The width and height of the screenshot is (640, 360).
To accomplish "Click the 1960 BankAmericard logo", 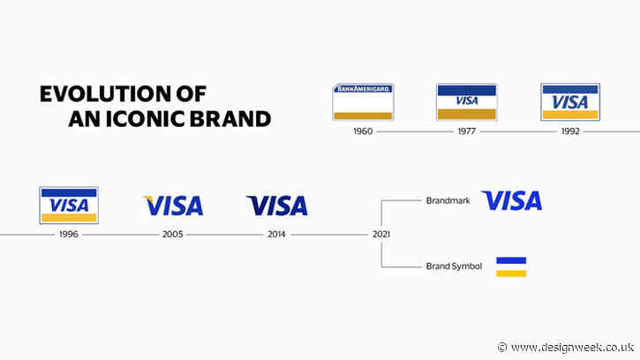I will point(362,102).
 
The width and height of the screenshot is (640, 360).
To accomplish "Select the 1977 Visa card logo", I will point(466,102).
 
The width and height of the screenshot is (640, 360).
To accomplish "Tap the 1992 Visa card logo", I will point(569,102).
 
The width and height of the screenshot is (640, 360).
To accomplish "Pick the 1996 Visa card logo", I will point(69,205).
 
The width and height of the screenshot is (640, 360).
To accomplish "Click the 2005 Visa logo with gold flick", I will point(173,206).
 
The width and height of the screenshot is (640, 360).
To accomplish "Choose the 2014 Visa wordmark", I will point(277,206).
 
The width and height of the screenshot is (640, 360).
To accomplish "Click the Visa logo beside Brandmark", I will point(511,200).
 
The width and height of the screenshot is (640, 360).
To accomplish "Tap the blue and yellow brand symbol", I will point(511,266).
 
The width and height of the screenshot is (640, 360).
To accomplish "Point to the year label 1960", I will point(362,131).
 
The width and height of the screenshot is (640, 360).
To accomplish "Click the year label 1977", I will point(466,131).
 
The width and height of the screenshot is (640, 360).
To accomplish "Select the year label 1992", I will point(570,131).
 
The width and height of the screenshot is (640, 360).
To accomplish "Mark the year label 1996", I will point(69,235).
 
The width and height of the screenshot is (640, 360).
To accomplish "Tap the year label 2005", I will point(173,235).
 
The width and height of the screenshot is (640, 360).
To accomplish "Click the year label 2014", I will point(277,235).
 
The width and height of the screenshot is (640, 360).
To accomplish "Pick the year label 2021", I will point(380,235).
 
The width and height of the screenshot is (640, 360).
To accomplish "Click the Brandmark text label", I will point(448,201).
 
